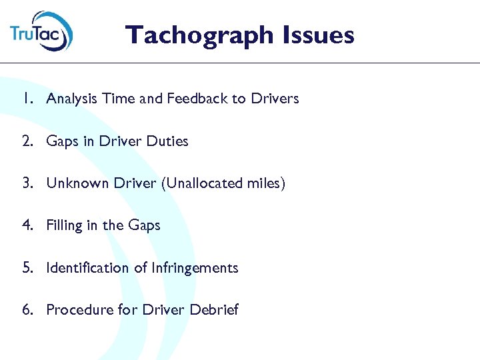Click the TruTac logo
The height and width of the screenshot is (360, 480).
point(41,31)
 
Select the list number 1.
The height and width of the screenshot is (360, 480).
point(25,99)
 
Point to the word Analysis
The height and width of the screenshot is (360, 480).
point(71,99)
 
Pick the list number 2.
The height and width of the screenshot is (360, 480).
point(25,141)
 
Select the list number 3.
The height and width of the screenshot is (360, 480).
point(25,183)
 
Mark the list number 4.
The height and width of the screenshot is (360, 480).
point(25,225)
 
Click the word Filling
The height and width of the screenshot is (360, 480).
point(63,226)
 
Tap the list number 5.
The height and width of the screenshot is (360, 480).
point(25,268)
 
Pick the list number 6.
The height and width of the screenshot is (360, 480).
point(25,310)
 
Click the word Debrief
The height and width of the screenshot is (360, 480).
point(214,310)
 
